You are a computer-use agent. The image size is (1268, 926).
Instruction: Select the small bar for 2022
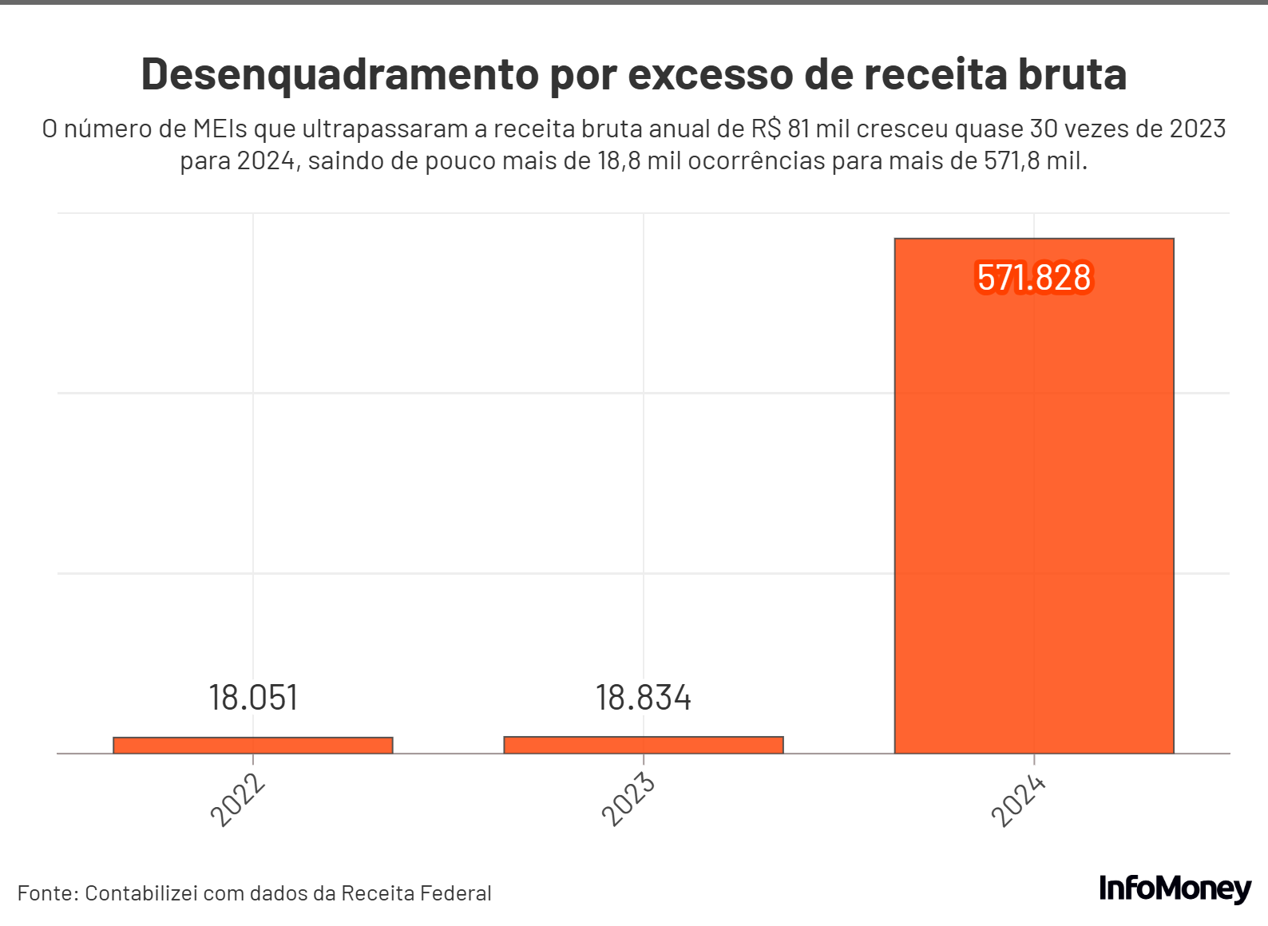[253, 745]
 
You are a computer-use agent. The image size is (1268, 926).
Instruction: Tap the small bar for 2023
[644, 745]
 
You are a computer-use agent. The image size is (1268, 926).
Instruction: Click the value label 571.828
[1034, 278]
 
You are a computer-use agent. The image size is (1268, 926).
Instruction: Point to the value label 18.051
[253, 698]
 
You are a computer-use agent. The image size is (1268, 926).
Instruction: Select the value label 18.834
[644, 698]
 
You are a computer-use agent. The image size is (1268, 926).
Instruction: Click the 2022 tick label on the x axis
[238, 800]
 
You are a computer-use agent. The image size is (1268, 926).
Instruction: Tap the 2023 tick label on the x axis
[628, 800]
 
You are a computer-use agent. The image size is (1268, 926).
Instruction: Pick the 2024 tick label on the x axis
[1019, 800]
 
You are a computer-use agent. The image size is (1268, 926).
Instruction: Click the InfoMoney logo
[1175, 888]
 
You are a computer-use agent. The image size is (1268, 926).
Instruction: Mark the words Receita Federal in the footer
[416, 892]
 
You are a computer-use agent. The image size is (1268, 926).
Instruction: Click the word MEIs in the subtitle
[220, 129]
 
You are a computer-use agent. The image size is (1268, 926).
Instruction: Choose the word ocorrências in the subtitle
[756, 160]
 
